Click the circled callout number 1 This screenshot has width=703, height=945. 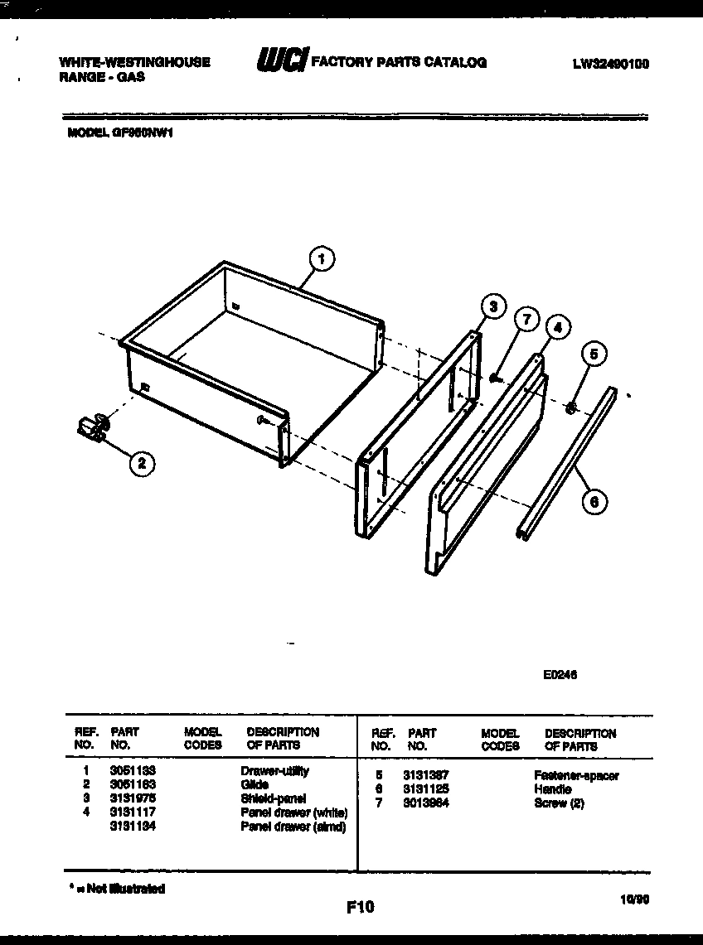321,259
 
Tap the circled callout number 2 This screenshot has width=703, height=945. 142,465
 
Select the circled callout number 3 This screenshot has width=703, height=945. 492,306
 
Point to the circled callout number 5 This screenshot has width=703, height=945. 593,354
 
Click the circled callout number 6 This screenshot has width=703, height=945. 594,501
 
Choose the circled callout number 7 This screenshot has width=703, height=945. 526,319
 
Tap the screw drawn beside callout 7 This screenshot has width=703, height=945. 495,378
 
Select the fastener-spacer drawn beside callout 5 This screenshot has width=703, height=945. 570,407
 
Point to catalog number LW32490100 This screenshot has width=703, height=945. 610,62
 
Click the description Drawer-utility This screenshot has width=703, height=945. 274,771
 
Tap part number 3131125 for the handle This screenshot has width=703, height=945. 425,789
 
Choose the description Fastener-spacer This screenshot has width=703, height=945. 576,776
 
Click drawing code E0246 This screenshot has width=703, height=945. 560,674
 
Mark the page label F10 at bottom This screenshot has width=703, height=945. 360,908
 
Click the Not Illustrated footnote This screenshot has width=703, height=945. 117,889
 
